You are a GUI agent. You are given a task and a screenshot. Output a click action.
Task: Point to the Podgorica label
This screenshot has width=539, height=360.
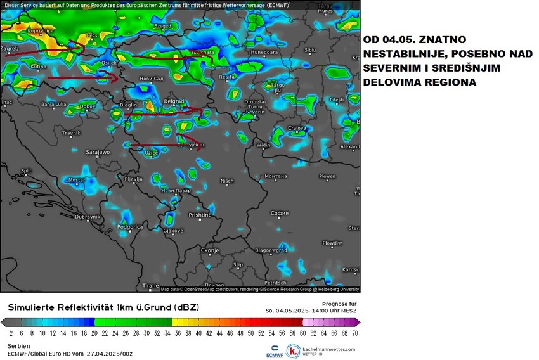[x=129, y=226]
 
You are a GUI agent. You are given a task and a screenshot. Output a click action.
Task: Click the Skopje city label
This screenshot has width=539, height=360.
[x=209, y=250]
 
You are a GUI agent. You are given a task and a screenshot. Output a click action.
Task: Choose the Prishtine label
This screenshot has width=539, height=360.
[x=200, y=215]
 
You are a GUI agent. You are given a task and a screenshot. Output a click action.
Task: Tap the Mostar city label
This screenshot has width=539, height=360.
[x=76, y=180]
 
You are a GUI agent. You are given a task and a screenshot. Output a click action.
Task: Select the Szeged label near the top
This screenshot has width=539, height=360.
[x=163, y=26]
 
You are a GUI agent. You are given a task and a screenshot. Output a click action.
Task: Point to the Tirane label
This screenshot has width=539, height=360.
[x=150, y=286]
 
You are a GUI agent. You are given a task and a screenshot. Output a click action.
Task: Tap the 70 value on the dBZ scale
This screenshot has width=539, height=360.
[x=354, y=332]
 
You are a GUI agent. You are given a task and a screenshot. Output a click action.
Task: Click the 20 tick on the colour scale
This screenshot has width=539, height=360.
[x=94, y=332]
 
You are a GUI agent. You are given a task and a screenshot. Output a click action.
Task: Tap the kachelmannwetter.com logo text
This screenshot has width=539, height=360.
[x=329, y=349]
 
